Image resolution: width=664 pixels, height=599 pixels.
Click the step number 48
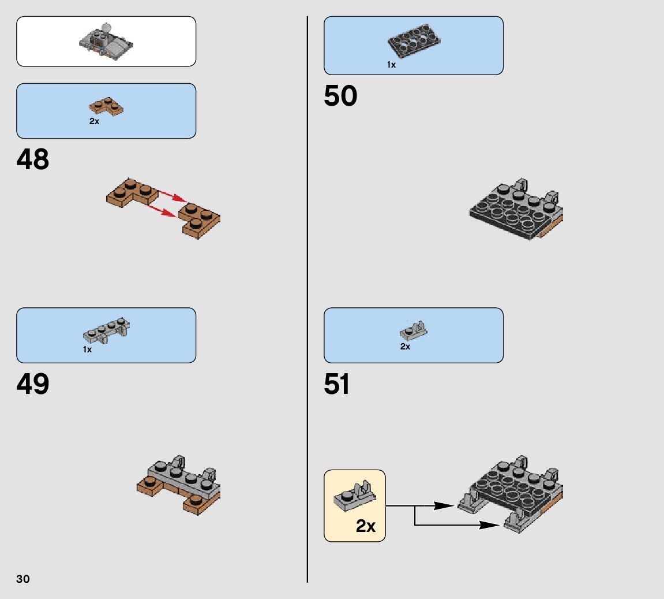click(33, 159)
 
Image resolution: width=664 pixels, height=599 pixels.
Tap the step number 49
click(33, 384)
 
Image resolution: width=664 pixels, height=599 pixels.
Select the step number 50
click(340, 96)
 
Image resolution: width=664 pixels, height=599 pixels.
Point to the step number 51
click(337, 384)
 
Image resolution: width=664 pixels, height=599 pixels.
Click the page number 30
click(23, 579)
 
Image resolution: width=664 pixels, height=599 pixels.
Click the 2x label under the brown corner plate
click(95, 122)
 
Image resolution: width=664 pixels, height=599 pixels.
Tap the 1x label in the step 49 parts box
click(87, 349)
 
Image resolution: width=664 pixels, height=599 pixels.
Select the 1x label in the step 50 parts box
click(392, 65)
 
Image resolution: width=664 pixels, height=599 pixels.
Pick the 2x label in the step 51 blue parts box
click(405, 347)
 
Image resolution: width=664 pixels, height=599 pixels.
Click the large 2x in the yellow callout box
click(365, 526)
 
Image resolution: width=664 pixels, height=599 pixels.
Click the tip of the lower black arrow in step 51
click(498, 525)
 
